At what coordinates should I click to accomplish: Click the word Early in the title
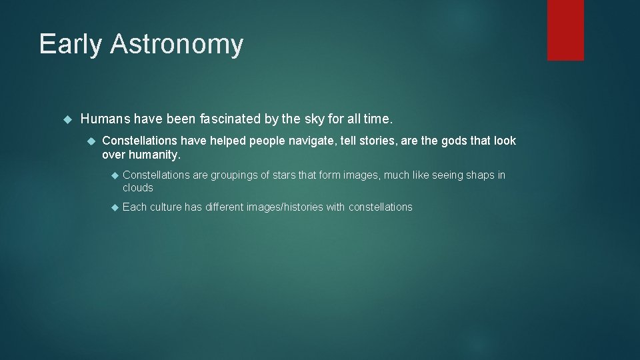click(x=71, y=44)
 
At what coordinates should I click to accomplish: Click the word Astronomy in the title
click(x=177, y=44)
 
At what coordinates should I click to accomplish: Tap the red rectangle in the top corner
click(x=565, y=30)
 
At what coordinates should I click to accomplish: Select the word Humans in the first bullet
click(x=105, y=119)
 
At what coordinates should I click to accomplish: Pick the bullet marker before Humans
click(x=66, y=119)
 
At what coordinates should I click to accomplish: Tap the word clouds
click(x=137, y=188)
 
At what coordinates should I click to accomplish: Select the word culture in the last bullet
click(x=166, y=207)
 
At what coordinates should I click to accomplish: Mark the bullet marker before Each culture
click(x=113, y=207)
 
